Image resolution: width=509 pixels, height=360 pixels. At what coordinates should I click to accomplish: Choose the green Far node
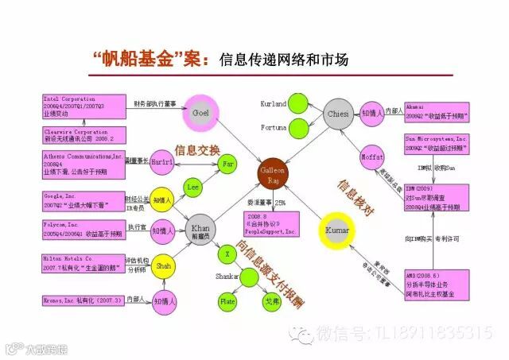pyautogui.click(x=228, y=163)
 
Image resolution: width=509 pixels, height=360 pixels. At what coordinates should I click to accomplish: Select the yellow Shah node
pyautogui.click(x=164, y=265)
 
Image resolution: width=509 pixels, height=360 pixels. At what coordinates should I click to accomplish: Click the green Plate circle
pyautogui.click(x=228, y=300)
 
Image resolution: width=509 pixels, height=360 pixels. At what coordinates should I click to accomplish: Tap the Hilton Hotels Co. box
pyautogui.click(x=82, y=263)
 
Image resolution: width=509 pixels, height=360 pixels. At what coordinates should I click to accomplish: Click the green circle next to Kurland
pyautogui.click(x=299, y=103)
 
